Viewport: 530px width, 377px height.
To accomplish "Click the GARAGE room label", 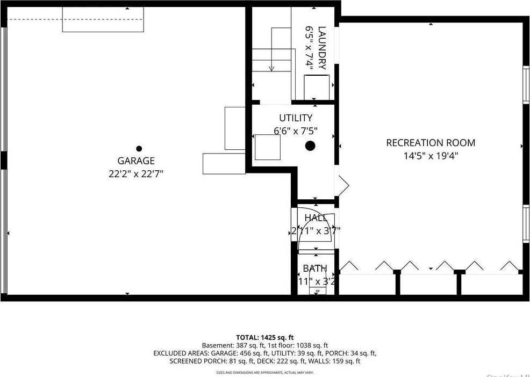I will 136,161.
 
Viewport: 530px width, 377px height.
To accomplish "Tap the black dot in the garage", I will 139,149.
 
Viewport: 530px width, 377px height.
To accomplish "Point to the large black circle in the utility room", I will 310,145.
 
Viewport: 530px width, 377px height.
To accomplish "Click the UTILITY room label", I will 295,118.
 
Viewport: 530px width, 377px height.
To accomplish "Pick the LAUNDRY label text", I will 321,48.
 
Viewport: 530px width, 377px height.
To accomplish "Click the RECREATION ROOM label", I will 431,143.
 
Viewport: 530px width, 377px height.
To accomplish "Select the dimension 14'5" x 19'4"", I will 431,156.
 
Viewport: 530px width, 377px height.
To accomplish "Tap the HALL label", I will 316,218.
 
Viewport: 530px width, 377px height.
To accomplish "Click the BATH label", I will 314,269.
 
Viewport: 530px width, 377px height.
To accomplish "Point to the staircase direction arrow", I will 271,68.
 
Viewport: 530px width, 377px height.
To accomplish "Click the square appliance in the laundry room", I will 317,87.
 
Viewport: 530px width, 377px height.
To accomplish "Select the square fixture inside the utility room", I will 268,148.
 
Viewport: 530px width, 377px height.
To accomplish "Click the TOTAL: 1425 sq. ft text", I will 265,337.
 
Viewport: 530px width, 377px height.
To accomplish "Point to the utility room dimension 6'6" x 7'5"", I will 296,130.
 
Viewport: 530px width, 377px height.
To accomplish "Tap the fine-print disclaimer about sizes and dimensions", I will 265,372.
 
